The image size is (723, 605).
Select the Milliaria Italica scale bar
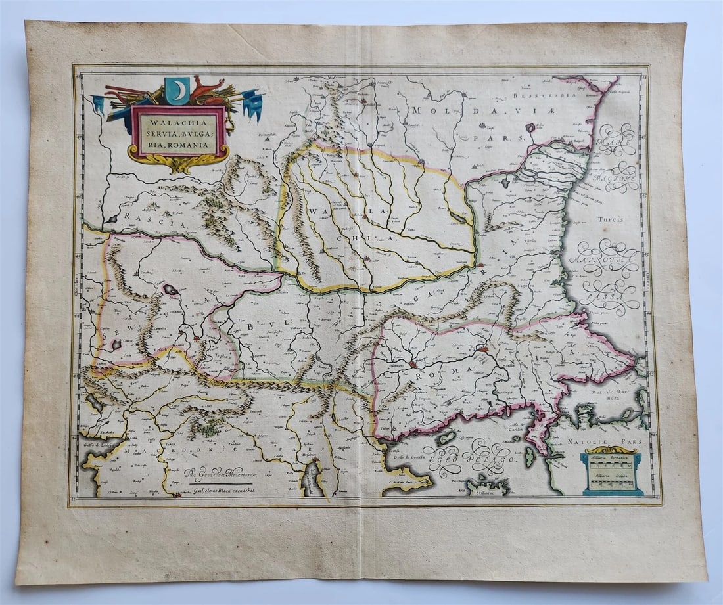tap(613, 483)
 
